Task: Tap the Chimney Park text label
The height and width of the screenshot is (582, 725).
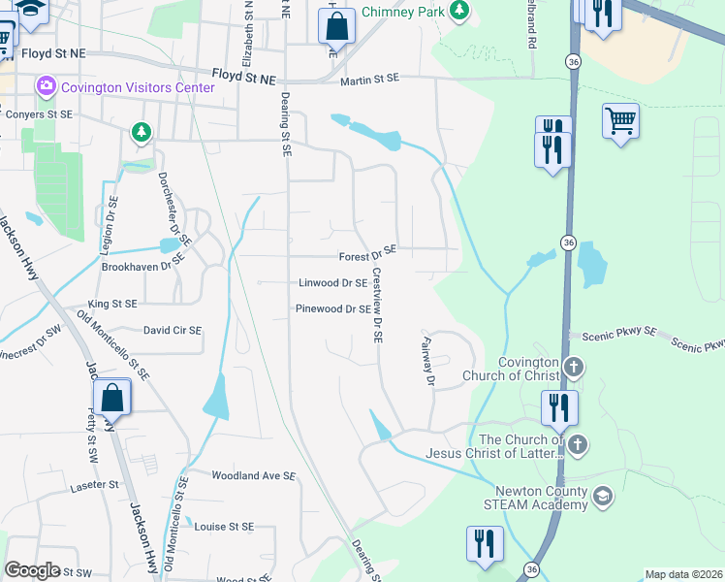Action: [402, 13]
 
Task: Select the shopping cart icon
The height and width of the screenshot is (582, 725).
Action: [620, 122]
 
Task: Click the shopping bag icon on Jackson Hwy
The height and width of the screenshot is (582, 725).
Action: [111, 398]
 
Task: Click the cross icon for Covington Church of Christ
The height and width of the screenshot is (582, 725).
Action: [574, 368]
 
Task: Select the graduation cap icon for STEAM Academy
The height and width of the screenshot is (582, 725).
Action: [603, 497]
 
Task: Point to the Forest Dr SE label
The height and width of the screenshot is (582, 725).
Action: [367, 257]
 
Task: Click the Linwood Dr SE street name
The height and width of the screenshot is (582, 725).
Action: [332, 283]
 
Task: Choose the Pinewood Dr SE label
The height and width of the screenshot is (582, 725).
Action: [332, 309]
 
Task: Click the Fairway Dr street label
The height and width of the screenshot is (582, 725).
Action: [426, 361]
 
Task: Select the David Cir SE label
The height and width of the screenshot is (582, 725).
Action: [173, 331]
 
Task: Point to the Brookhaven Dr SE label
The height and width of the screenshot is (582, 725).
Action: [142, 265]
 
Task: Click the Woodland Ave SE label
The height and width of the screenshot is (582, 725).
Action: [253, 475]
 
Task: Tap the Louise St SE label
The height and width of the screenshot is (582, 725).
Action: [224, 527]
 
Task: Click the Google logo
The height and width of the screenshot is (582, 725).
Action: [32, 570]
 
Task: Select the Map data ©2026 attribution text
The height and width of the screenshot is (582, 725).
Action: [683, 574]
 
